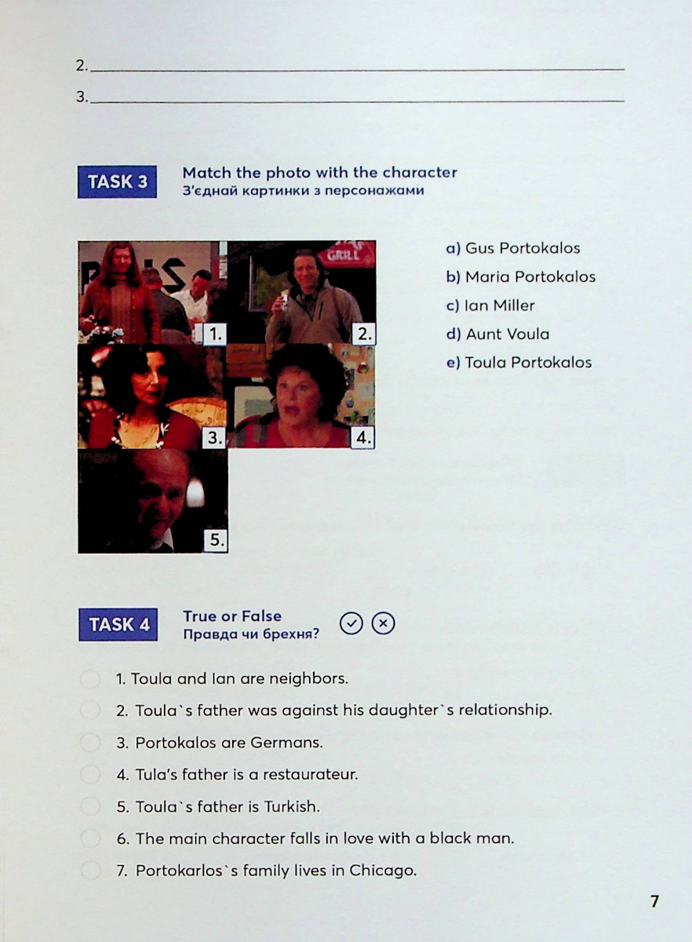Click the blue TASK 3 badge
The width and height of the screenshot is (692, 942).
118,181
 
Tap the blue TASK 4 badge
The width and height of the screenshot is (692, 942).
118,625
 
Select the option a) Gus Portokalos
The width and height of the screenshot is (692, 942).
513,248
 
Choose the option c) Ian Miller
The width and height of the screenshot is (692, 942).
490,305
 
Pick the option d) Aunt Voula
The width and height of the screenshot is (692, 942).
497,334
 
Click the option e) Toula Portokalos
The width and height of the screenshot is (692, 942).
519,363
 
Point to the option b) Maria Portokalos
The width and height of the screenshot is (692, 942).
521,276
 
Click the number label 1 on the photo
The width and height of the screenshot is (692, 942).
215,334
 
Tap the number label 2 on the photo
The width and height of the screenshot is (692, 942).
364,334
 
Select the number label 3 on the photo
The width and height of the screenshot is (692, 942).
215,438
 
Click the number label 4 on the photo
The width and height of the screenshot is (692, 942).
363,438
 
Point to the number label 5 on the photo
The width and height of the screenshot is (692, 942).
216,540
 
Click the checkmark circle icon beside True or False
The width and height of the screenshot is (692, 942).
351,623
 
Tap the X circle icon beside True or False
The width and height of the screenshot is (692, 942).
383,623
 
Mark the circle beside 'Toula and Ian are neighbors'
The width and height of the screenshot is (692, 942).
90,679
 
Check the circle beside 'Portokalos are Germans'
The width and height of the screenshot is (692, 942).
90,743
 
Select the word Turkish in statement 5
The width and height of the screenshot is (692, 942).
292,807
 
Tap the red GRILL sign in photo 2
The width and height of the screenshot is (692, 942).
347,254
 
